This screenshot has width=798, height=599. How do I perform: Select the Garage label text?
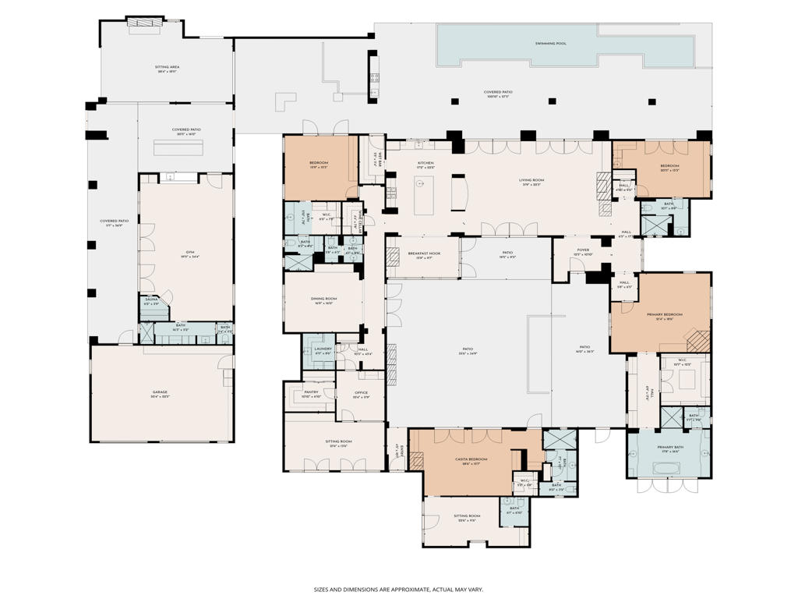click(x=160, y=392)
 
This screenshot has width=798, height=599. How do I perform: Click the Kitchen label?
click(x=425, y=163)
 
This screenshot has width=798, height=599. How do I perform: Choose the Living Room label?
click(x=532, y=180)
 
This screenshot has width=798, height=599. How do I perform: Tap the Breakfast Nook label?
click(x=424, y=253)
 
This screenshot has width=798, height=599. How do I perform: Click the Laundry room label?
click(x=323, y=349)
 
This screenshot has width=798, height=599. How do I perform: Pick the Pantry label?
click(x=311, y=393)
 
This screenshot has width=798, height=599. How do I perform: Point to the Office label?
click(x=361, y=393)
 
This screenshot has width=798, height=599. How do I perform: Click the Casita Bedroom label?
click(x=471, y=459)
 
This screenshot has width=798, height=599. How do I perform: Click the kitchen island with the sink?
click(x=424, y=195)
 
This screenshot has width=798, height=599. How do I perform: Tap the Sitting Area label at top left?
click(x=168, y=68)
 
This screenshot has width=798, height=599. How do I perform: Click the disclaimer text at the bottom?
click(x=398, y=590)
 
